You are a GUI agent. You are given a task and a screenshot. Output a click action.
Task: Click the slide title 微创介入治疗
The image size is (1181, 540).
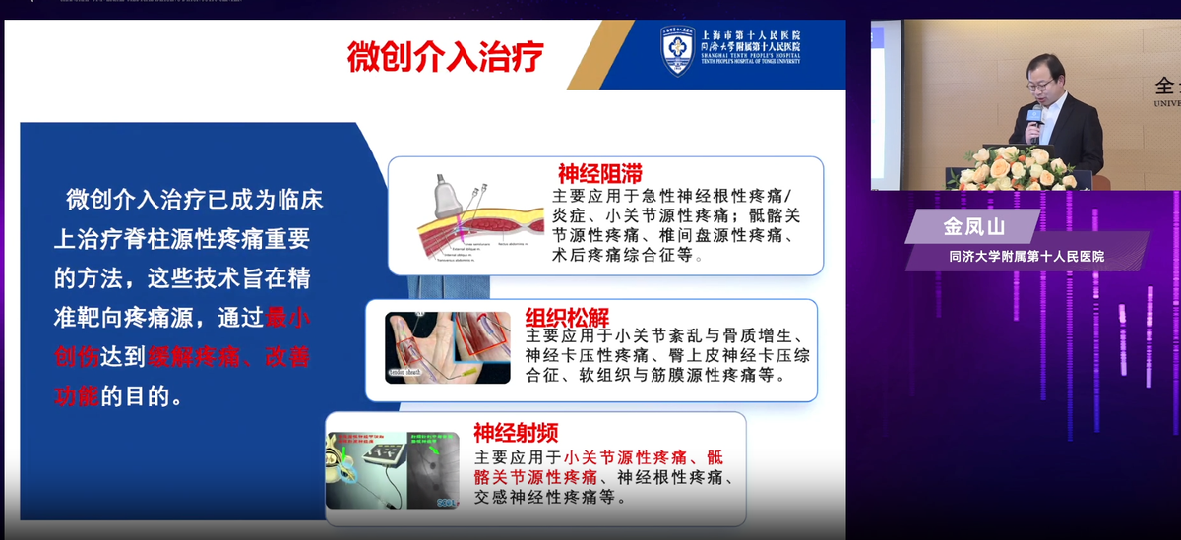[445, 57]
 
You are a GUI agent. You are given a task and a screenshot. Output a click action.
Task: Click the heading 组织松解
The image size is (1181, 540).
[567, 318]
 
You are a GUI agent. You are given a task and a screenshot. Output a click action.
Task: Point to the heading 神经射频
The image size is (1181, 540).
[516, 432]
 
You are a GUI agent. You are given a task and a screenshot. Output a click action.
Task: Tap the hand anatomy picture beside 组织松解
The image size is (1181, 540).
[448, 347]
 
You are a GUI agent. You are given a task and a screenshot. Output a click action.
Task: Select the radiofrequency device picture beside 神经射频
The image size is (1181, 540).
[393, 469]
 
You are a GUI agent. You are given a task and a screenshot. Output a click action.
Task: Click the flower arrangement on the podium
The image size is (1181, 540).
[1015, 168]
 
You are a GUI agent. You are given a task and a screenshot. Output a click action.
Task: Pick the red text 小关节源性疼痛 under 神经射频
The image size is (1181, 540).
[625, 457]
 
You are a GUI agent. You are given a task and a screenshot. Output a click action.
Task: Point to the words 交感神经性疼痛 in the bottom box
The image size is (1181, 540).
[540, 497]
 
